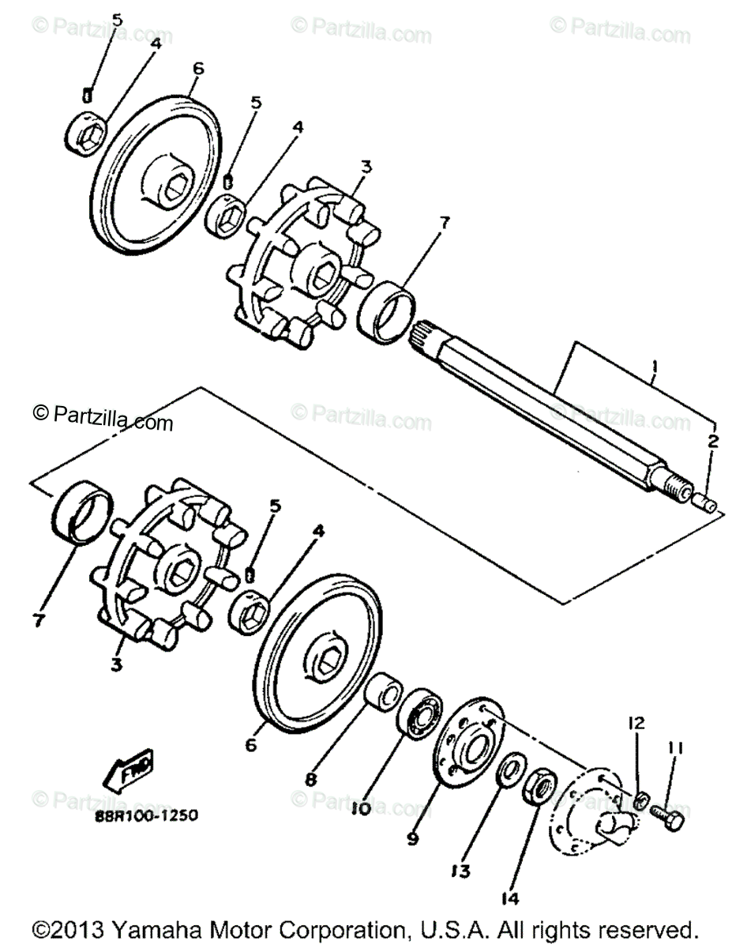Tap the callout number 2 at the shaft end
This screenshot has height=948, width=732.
tap(712, 442)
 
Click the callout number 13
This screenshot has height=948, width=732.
tap(461, 871)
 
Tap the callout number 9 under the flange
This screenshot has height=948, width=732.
tap(412, 839)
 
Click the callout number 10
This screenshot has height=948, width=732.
tap(360, 809)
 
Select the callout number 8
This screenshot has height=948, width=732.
tap(310, 779)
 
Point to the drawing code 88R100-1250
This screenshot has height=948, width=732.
tap(149, 814)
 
